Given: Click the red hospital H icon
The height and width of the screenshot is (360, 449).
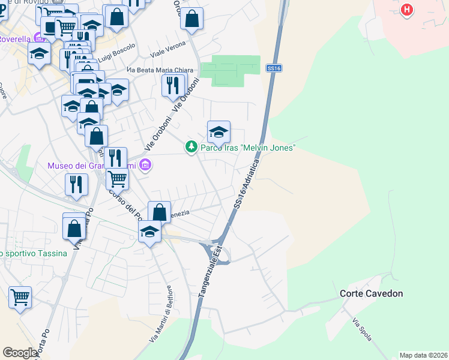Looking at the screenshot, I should [x=408, y=10].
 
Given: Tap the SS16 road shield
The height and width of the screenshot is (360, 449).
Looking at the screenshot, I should [x=274, y=69].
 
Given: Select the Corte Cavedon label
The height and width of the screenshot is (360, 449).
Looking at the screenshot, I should [x=371, y=293].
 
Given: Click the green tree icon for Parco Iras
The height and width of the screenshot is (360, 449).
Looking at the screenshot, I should [x=191, y=146].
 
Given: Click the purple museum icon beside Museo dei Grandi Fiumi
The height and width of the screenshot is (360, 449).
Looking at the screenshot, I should [x=145, y=164].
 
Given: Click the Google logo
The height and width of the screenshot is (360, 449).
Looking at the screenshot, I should [x=20, y=353].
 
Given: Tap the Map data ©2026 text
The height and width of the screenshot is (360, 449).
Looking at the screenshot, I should [x=423, y=355].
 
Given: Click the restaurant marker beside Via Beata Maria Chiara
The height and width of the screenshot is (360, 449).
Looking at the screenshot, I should [x=173, y=85].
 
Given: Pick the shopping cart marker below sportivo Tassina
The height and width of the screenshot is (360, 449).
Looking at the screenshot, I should [x=20, y=297].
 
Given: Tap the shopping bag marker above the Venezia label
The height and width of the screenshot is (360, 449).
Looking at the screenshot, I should [x=159, y=212].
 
